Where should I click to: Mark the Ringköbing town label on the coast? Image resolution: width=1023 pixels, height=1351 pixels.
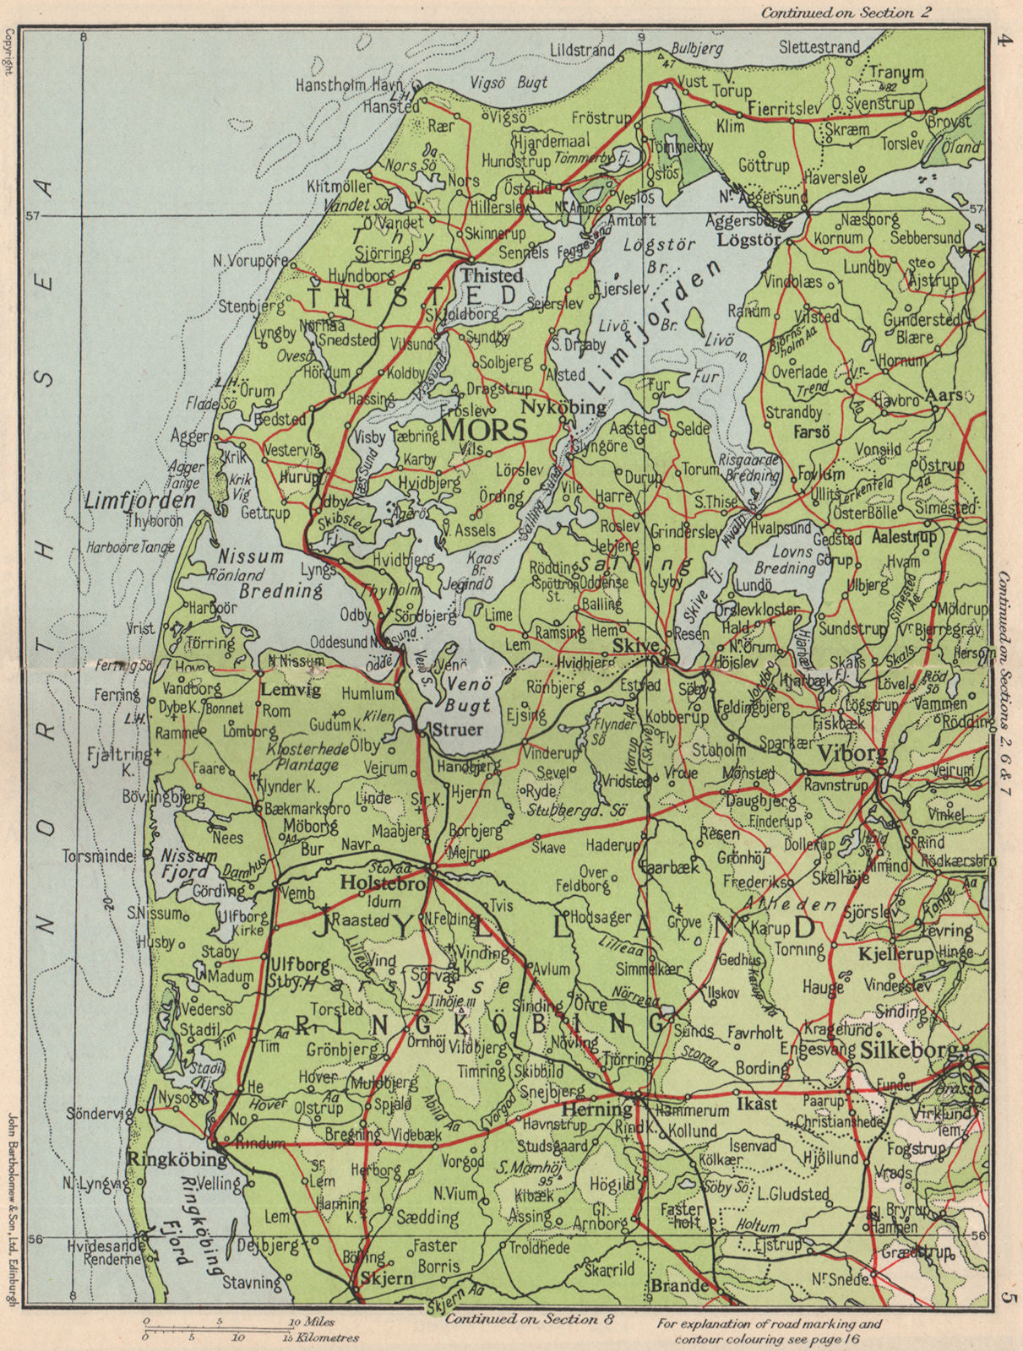[171, 1159]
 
